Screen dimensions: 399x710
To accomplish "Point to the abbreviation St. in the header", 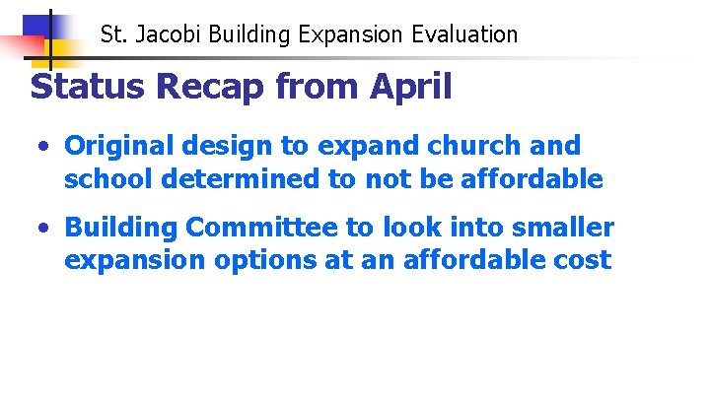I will point(114,35).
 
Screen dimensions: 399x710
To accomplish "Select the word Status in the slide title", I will point(90,87).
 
